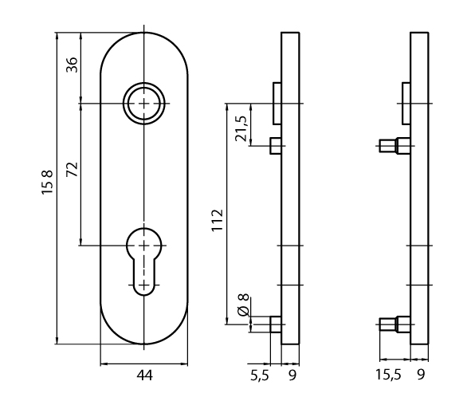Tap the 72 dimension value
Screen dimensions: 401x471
click(x=71, y=170)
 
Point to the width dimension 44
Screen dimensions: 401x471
click(x=144, y=374)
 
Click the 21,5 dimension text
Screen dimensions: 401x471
click(x=241, y=125)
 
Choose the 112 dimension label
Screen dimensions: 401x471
click(x=216, y=219)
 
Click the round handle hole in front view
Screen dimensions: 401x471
click(x=144, y=104)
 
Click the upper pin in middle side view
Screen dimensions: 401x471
click(x=276, y=146)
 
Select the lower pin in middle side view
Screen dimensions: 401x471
click(x=276, y=324)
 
